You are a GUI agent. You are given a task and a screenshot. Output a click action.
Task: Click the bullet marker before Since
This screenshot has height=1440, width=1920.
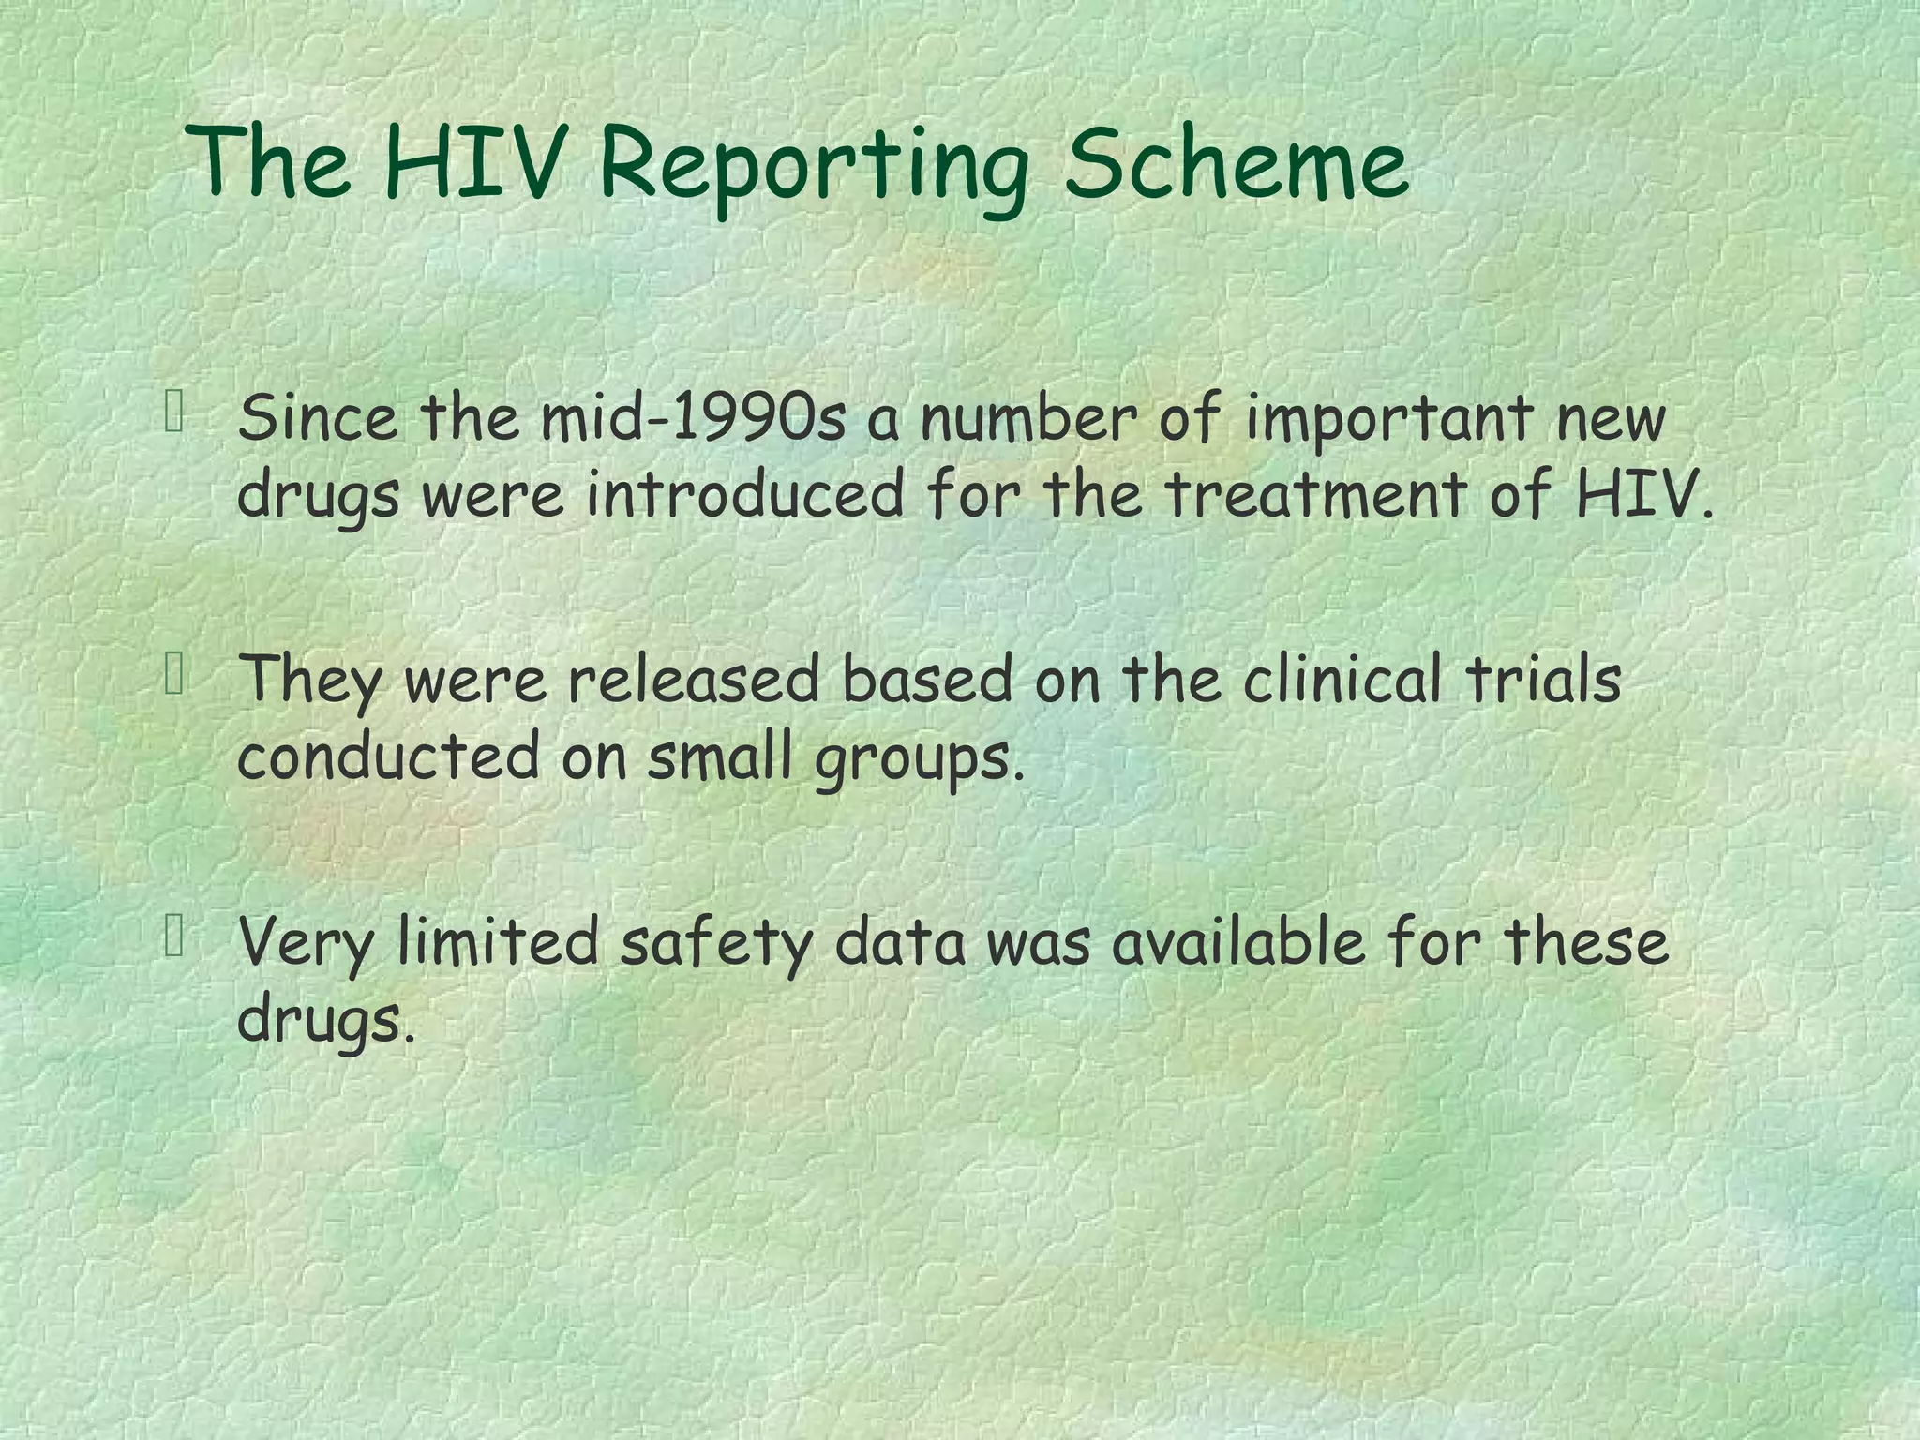174,412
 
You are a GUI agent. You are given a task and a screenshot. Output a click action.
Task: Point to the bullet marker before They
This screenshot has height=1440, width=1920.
174,675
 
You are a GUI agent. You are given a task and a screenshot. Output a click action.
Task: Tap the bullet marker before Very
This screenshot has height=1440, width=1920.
174,937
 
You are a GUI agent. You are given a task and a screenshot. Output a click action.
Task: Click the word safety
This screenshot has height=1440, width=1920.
716,944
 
